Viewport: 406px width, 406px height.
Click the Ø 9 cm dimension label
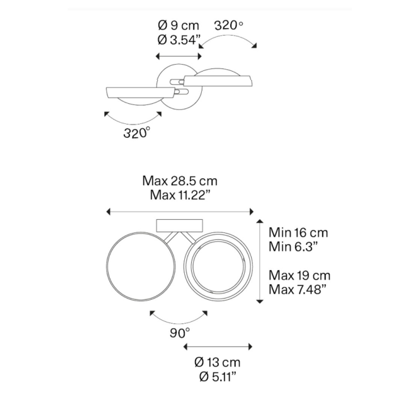[179, 26]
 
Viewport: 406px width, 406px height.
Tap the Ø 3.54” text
[179, 40]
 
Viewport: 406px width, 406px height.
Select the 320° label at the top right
[229, 26]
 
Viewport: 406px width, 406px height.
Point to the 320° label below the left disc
[137, 133]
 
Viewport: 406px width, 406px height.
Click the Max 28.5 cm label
[180, 181]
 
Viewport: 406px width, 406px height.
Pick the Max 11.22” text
[180, 195]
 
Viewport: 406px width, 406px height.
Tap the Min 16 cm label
[298, 232]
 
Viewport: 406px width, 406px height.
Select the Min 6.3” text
[293, 247]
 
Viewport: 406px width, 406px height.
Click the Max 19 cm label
[300, 275]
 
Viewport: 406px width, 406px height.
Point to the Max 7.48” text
[297, 289]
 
